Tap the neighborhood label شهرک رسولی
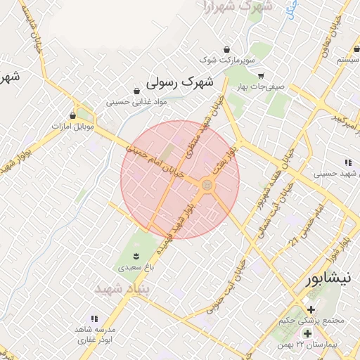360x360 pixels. click(x=179, y=82)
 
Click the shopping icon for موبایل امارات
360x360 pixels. click(x=73, y=115)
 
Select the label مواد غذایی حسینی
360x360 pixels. click(x=136, y=102)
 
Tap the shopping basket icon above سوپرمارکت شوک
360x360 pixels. click(x=226, y=50)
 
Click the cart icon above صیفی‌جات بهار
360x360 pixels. click(x=261, y=76)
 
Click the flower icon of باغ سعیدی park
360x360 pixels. click(x=136, y=255)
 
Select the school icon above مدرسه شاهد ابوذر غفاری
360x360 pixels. click(x=94, y=319)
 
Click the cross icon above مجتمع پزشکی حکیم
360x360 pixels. click(x=311, y=309)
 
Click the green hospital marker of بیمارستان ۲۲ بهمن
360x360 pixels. click(x=307, y=333)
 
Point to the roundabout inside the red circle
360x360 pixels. click(x=207, y=184)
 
